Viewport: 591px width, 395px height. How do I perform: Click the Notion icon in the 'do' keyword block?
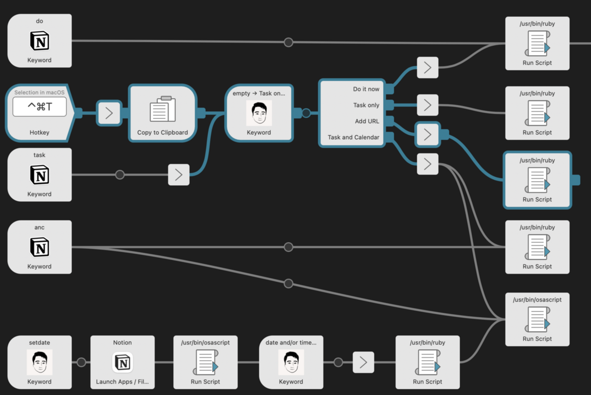click(40, 41)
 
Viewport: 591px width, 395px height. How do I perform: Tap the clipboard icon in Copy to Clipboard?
click(162, 110)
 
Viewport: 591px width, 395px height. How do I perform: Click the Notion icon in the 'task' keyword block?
click(40, 175)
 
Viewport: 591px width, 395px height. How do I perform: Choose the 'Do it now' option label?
click(366, 89)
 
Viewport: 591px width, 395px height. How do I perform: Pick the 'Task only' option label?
click(366, 105)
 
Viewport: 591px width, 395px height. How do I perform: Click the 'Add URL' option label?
click(367, 121)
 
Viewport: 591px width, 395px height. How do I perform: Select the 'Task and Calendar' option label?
click(353, 137)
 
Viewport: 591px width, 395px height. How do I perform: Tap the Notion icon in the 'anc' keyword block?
click(40, 247)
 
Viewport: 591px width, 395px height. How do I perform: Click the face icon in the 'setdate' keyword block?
click(40, 362)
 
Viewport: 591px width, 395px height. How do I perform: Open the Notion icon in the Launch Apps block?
click(122, 363)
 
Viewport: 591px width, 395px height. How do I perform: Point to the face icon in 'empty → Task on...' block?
click(259, 113)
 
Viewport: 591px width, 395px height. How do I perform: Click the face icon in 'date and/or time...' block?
click(291, 362)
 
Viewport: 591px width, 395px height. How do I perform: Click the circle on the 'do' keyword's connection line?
click(288, 42)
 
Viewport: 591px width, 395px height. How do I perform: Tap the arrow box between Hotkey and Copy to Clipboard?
click(109, 113)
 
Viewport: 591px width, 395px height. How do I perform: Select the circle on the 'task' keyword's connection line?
click(120, 175)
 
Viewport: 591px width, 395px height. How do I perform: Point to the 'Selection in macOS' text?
click(40, 93)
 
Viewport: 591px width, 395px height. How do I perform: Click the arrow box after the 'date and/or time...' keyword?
click(363, 362)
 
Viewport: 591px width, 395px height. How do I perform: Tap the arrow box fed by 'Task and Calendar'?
click(427, 164)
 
